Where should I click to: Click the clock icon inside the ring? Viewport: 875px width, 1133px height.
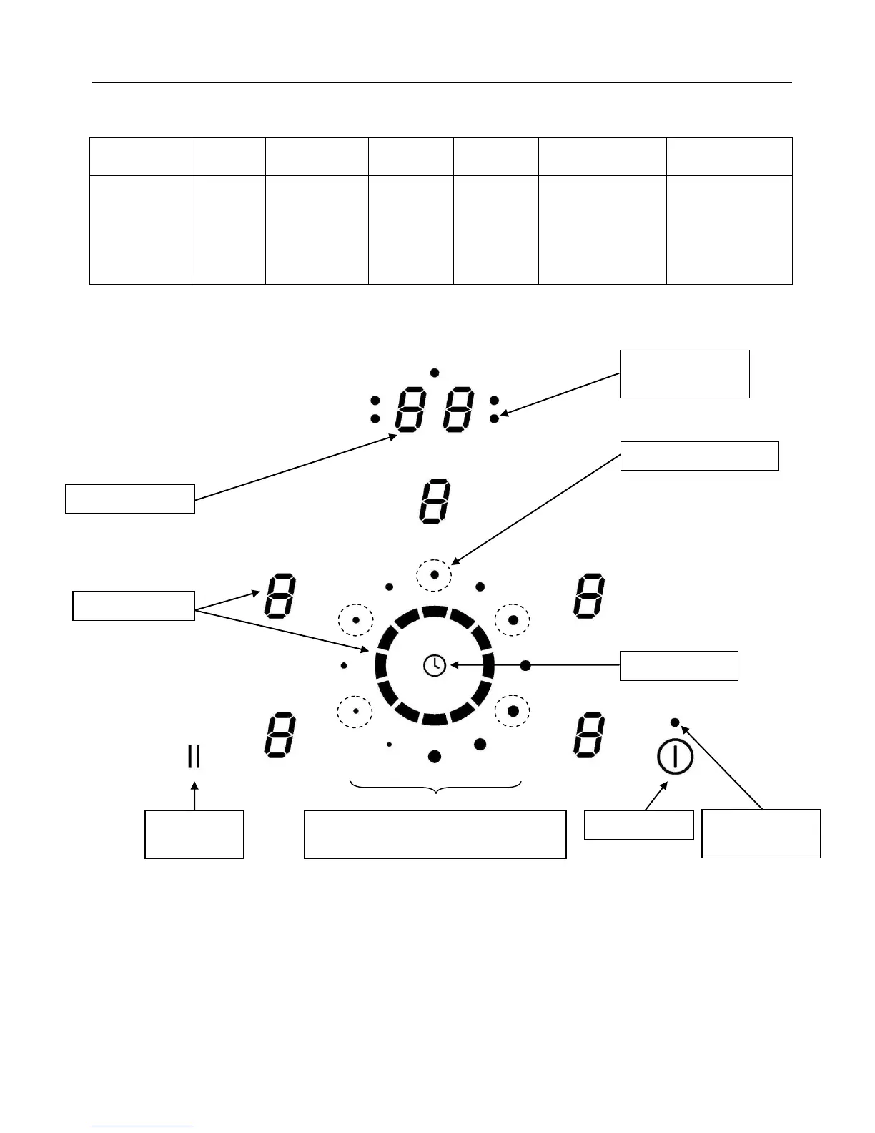pyautogui.click(x=435, y=666)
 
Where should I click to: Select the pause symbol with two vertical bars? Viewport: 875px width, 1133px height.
pyautogui.click(x=194, y=756)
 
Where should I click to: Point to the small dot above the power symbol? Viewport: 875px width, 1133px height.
pyautogui.click(x=675, y=722)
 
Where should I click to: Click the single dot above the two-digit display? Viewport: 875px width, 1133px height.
pyautogui.click(x=435, y=373)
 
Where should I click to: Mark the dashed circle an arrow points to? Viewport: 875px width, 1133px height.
pyautogui.click(x=435, y=575)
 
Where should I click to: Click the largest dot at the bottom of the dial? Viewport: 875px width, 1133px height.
pyautogui.click(x=435, y=756)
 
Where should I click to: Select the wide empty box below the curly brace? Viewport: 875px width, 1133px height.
pyautogui.click(x=435, y=834)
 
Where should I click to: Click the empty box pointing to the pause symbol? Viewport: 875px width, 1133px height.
pyautogui.click(x=194, y=834)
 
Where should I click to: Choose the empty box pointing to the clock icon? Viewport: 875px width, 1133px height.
pyautogui.click(x=678, y=665)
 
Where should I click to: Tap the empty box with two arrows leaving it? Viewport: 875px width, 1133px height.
pyautogui.click(x=134, y=605)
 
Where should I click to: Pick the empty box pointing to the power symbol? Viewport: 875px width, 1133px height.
pyautogui.click(x=638, y=825)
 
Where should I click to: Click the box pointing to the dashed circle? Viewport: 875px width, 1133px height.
pyautogui.click(x=699, y=456)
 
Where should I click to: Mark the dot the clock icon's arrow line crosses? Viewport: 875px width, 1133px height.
pyautogui.click(x=525, y=665)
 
